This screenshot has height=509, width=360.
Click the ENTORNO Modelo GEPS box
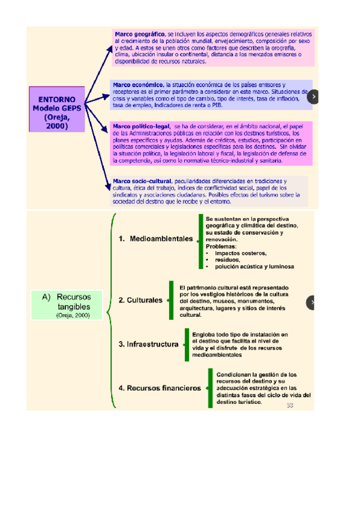tap(58, 109)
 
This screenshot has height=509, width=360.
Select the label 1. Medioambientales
tap(156, 238)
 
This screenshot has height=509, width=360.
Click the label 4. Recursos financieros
tap(160, 388)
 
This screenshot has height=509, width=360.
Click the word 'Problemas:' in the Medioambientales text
tap(221, 246)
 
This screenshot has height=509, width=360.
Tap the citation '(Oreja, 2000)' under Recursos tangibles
tap(72, 315)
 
